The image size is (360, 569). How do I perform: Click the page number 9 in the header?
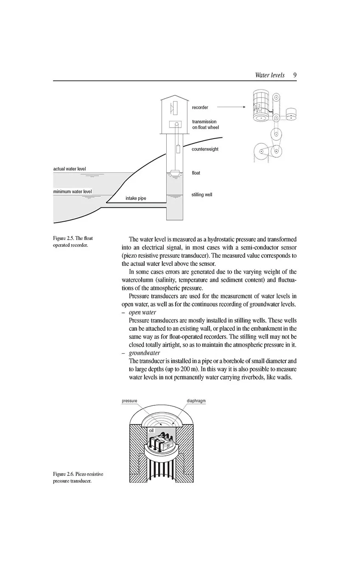tap(294, 75)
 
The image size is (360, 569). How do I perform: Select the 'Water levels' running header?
tap(270, 75)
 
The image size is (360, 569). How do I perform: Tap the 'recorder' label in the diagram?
tap(200, 107)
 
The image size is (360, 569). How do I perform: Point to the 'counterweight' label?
tap(205, 149)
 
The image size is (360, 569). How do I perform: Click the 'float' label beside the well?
tap(196, 173)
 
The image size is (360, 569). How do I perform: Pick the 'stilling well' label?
tap(202, 195)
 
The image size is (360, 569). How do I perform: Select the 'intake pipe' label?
tap(136, 198)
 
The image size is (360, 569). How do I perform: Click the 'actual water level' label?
tap(70, 169)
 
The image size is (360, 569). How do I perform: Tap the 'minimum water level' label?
tap(73, 192)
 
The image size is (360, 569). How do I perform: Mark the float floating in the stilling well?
tap(174, 173)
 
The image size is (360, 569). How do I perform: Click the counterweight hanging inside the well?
tap(178, 149)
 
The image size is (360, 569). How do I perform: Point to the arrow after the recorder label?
tap(231, 107)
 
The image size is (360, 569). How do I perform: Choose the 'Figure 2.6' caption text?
tap(78, 477)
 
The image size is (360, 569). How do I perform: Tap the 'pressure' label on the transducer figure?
tap(129, 401)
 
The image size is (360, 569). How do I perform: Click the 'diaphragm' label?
tap(196, 401)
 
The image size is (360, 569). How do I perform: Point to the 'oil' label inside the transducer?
tap(151, 430)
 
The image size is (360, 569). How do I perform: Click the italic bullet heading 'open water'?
tap(142, 312)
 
